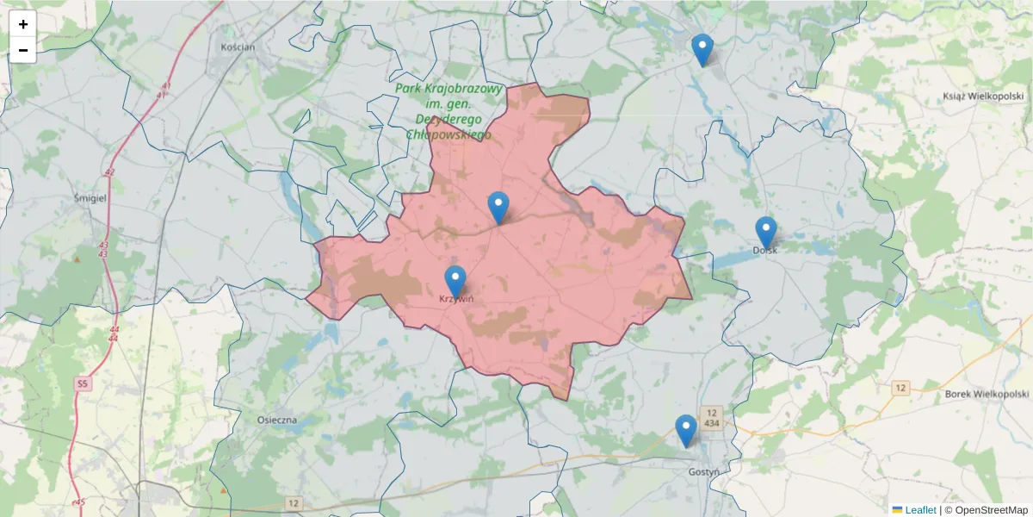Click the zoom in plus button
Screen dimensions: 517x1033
[23, 24]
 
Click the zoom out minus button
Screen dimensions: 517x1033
[23, 50]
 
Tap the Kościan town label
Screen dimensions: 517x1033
[238, 47]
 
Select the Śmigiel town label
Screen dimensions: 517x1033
[90, 197]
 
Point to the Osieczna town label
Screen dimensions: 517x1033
[276, 420]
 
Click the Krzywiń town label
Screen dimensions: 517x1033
[456, 299]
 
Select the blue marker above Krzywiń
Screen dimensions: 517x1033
[455, 282]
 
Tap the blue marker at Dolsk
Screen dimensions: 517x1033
[766, 233]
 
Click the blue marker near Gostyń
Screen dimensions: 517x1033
[686, 430]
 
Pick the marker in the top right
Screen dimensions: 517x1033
[702, 49]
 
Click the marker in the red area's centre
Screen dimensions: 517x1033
[498, 208]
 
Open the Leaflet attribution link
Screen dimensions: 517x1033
[919, 510]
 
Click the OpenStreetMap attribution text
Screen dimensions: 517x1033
[986, 510]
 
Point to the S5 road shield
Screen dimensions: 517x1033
[83, 383]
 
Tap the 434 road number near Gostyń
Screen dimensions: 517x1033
[711, 423]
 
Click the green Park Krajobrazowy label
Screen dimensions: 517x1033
[448, 112]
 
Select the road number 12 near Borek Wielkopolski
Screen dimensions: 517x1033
[900, 388]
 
